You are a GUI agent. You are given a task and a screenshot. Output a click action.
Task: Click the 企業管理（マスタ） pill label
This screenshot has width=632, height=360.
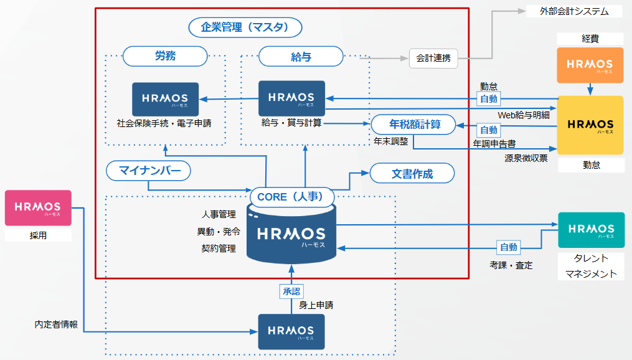point(245,27)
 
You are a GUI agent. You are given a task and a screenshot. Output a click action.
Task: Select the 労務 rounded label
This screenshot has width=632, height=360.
point(165,57)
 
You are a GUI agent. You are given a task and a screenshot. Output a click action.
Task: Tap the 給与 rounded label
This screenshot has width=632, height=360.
point(301,57)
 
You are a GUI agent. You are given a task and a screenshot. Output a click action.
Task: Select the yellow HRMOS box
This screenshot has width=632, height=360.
point(590,125)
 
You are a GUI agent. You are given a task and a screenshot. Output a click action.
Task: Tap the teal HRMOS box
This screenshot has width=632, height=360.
point(590,230)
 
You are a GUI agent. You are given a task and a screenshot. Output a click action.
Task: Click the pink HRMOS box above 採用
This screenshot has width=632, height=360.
point(38,207)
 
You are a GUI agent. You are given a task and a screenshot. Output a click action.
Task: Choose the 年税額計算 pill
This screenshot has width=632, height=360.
point(414,125)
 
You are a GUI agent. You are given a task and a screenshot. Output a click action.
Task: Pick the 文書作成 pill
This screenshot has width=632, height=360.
point(412,174)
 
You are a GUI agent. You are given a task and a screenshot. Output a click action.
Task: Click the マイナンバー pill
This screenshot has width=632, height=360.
point(148,170)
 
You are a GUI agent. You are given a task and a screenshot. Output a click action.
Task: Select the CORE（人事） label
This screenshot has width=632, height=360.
point(291,197)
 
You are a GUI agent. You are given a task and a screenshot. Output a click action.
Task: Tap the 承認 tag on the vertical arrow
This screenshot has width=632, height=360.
point(291,291)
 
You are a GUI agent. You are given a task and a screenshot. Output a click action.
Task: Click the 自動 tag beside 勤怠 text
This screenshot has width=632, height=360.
point(488,98)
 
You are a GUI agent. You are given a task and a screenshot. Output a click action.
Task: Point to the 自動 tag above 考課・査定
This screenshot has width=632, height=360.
point(508,247)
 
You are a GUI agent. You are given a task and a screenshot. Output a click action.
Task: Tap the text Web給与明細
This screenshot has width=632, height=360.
point(524,115)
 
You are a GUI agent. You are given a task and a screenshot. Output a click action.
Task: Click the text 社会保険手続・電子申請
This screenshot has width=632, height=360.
point(164,123)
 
